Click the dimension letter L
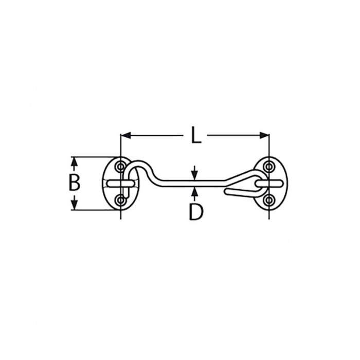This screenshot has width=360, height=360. pos(195,136)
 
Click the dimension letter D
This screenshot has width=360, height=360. pos(195,212)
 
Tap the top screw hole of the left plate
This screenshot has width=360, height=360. pos(120,167)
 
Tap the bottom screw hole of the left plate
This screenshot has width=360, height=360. pos(120,200)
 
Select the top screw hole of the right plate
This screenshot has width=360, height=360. pos(268,166)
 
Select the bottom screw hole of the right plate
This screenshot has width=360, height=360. pos(268,200)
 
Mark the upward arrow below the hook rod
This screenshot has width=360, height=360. pos(195,191)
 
